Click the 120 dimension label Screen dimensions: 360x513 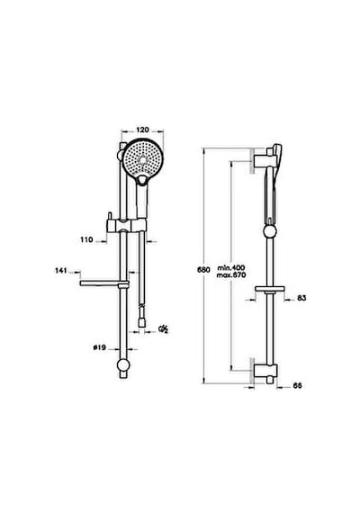(142, 130)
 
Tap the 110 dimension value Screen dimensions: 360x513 (86, 239)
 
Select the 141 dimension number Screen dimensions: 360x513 (61, 271)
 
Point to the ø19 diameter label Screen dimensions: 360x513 (99, 347)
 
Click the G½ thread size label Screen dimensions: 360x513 (163, 328)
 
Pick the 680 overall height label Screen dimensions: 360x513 (203, 270)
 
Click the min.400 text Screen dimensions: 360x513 (231, 268)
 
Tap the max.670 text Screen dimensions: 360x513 (231, 275)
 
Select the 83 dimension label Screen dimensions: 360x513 (301, 298)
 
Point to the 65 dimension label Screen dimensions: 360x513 (297, 386)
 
